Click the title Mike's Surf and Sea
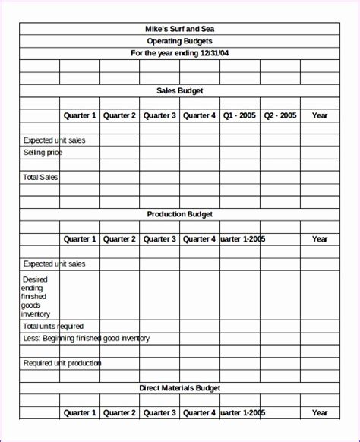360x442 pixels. [180, 29]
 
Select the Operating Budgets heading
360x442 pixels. [180, 41]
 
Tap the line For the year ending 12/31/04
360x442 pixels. [180, 53]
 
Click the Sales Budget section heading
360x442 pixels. [180, 90]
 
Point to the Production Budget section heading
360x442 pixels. [180, 214]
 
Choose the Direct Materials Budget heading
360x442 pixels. [180, 388]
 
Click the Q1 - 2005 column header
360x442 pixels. [239, 115]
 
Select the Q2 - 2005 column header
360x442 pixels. [279, 115]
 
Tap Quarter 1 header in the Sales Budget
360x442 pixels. [80, 115]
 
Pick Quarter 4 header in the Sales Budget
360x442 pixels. [199, 115]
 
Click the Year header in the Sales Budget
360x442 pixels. [320, 115]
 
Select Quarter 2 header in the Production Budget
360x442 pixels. [119, 239]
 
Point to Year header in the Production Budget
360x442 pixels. [320, 239]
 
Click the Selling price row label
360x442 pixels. [43, 153]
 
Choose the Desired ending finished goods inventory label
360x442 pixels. [37, 296]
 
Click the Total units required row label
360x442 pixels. [53, 326]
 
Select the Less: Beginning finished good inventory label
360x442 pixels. [86, 338]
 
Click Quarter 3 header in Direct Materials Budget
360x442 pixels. [159, 413]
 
